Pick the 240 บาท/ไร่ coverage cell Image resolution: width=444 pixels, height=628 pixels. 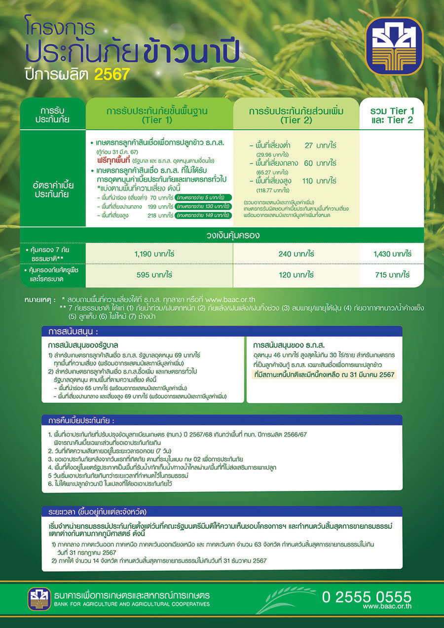[x=296, y=254]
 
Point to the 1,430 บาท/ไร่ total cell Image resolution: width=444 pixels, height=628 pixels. [x=392, y=254]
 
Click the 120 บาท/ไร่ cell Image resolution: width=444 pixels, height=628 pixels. [x=296, y=275]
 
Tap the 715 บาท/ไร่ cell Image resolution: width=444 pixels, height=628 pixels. [x=392, y=275]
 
